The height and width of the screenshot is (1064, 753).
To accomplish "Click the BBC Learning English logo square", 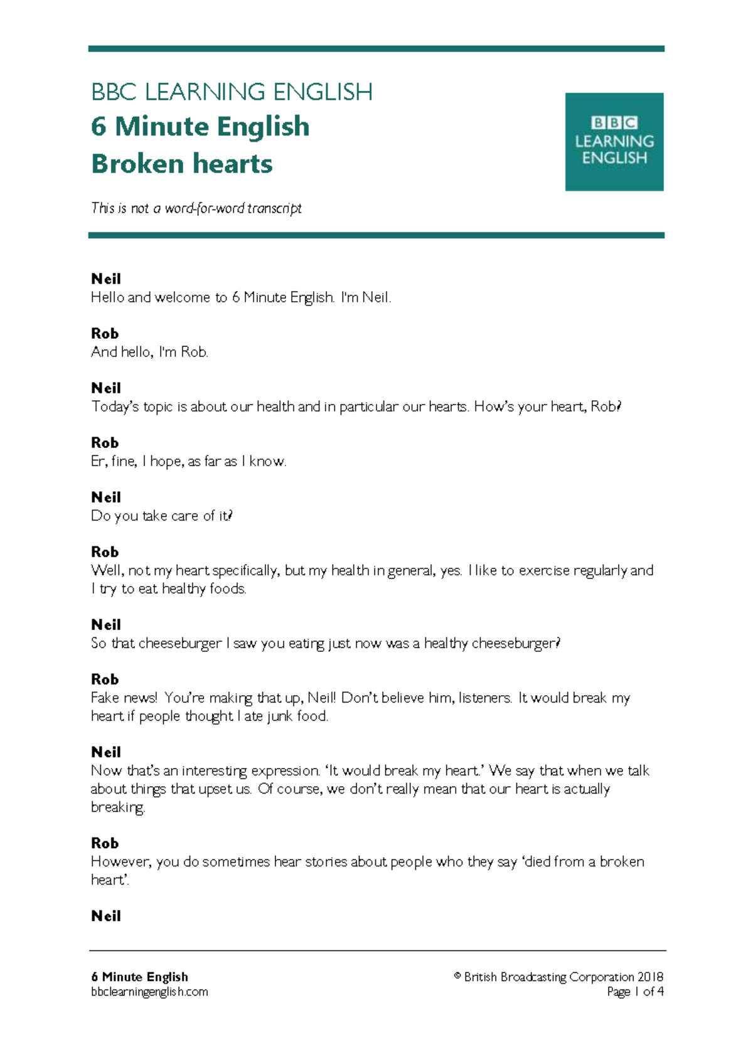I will point(614,142).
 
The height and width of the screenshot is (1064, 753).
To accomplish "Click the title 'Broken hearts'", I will point(182,164).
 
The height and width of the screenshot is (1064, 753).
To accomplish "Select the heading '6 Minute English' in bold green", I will point(200,127).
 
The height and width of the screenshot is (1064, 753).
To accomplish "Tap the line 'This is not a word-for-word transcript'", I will point(196,208).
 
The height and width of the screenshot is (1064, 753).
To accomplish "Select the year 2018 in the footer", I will point(650,977).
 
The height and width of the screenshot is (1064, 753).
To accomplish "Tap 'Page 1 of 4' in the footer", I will point(635,992).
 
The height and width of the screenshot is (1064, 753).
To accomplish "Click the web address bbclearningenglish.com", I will point(149,992).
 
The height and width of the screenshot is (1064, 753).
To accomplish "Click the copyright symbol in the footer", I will point(457,976).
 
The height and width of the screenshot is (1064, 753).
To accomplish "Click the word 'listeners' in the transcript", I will point(485,698).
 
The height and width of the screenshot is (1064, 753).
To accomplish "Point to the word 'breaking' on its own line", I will point(117,807).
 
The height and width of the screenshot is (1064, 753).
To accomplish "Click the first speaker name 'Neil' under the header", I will point(105,279).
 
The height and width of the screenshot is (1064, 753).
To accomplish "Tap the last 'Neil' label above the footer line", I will point(105,916).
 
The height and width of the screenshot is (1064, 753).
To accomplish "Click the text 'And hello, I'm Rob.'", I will point(149,352).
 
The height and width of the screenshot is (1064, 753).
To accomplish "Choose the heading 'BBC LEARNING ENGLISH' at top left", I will point(232,92).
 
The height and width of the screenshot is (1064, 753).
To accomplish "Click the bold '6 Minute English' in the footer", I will point(139,977).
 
